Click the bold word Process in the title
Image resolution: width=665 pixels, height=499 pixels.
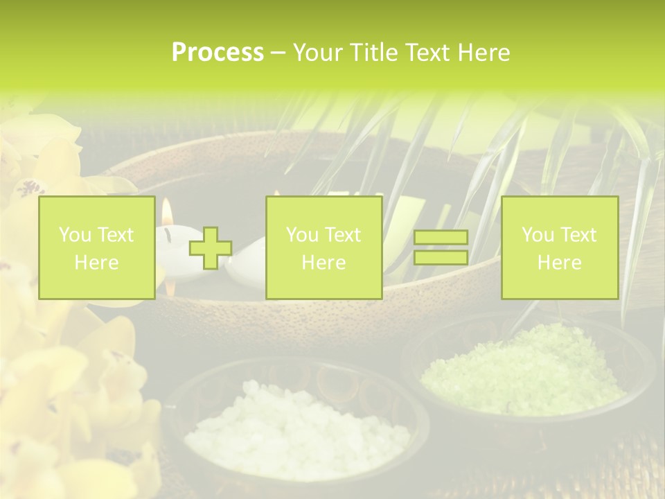(x=218, y=53)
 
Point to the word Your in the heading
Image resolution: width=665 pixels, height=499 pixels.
(x=318, y=53)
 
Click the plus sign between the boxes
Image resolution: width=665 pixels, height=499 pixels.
(x=211, y=248)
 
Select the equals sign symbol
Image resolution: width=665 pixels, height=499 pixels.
(x=441, y=248)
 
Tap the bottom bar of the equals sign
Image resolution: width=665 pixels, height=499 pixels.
(x=441, y=258)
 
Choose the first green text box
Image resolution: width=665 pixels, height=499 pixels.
(x=96, y=248)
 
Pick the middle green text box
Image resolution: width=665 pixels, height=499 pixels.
(x=323, y=248)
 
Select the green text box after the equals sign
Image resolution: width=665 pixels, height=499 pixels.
(x=559, y=248)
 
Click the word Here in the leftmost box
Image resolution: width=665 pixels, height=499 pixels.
(x=96, y=263)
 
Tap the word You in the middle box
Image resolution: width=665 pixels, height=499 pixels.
(x=302, y=235)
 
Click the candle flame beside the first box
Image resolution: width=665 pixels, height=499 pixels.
(x=167, y=210)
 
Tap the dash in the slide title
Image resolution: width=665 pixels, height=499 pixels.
(x=278, y=53)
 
